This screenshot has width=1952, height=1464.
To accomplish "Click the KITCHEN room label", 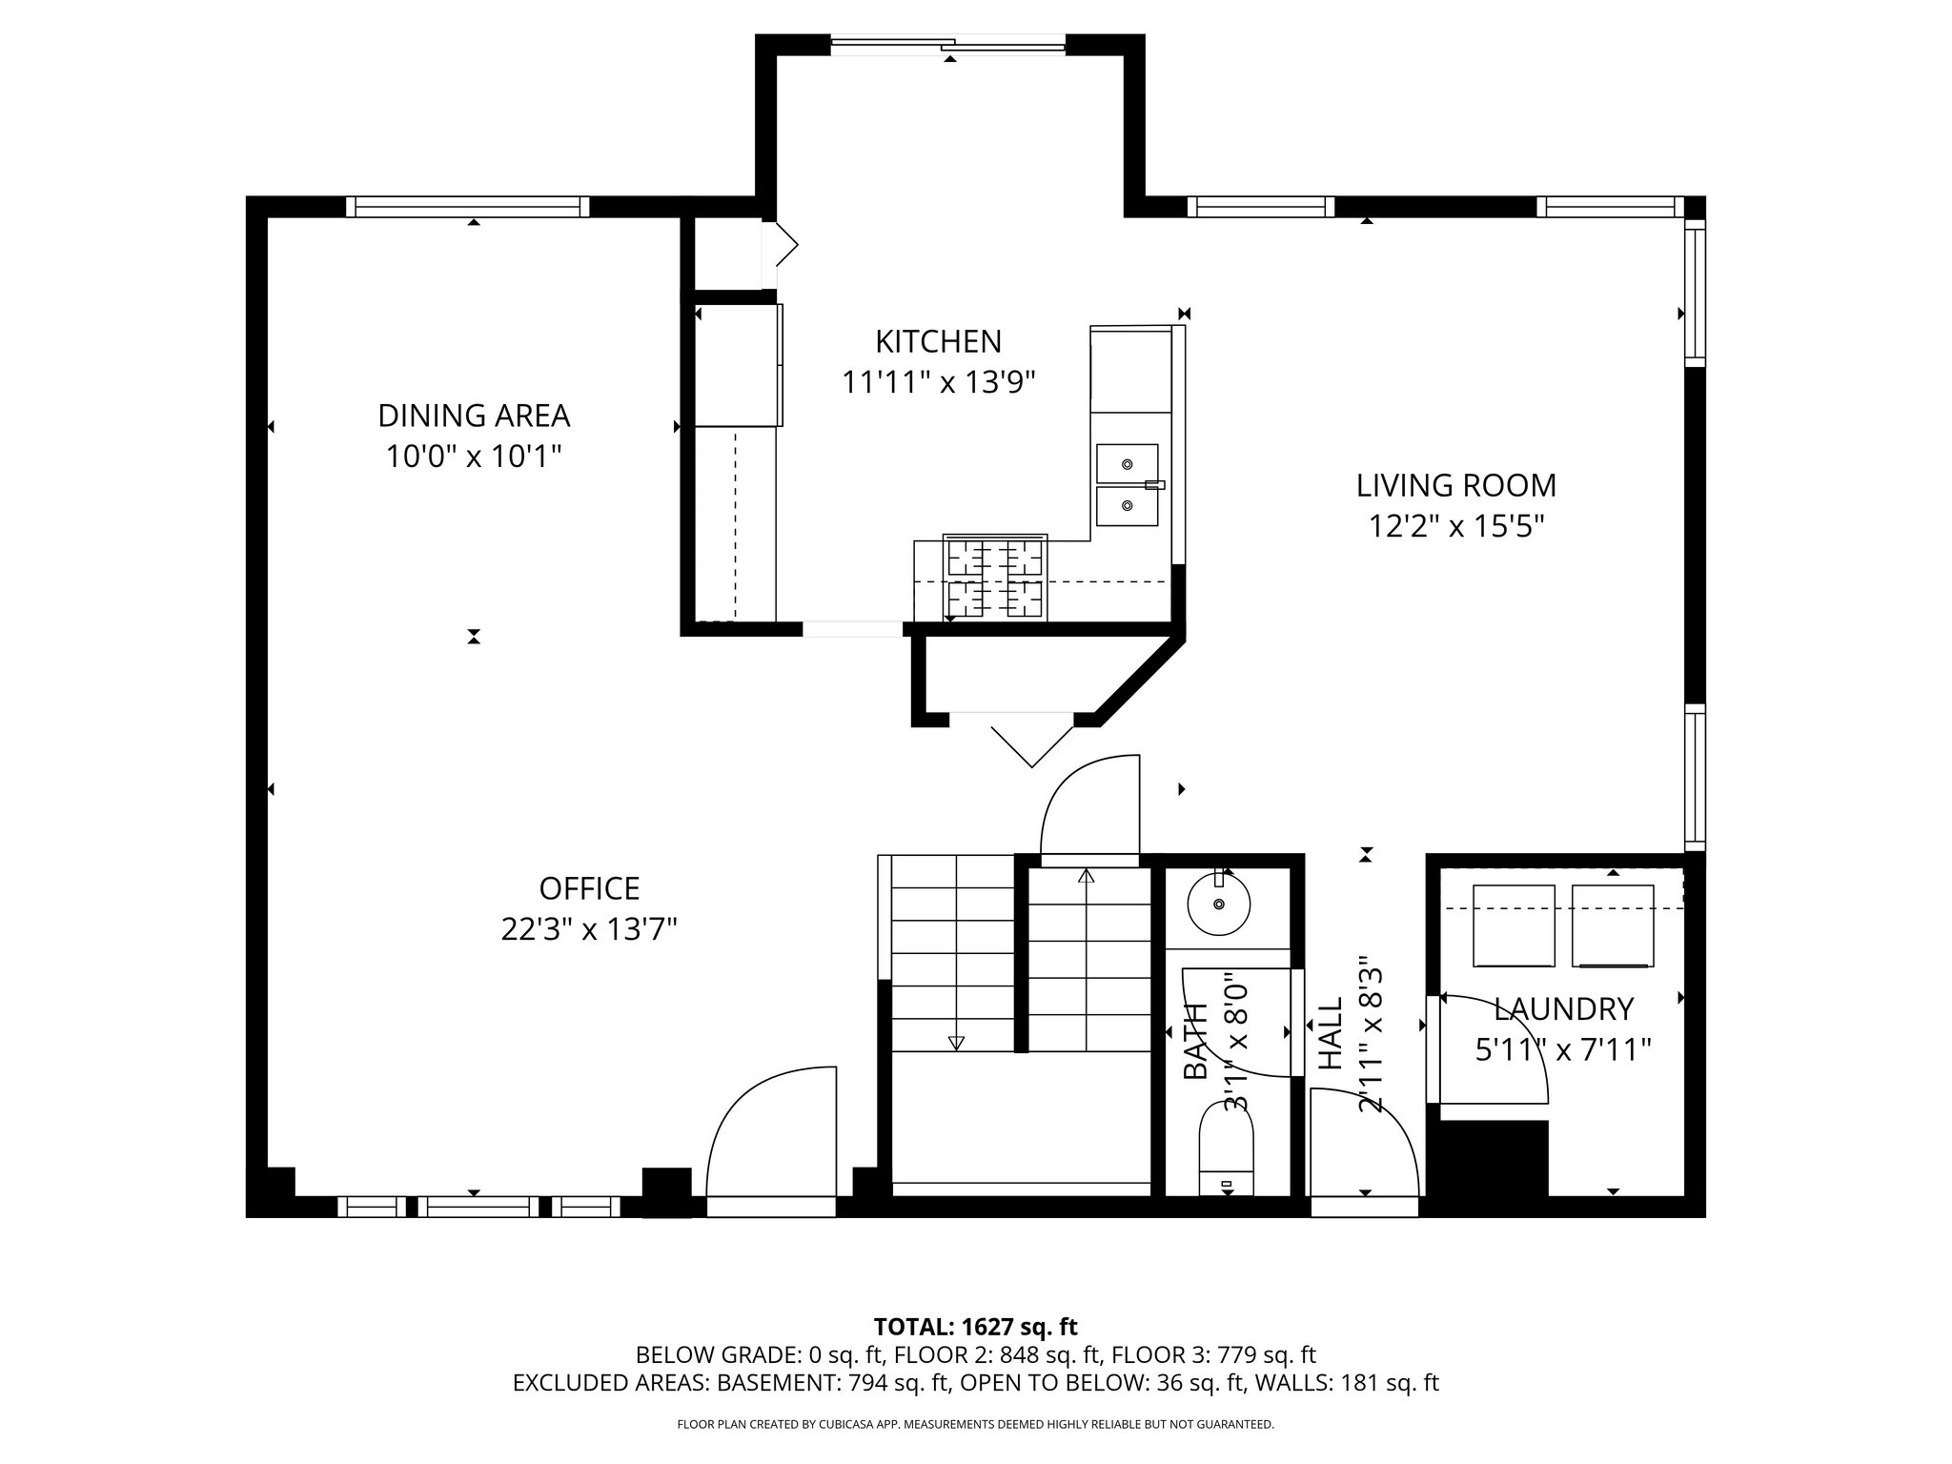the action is [939, 341].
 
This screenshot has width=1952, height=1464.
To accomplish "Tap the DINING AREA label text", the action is [474, 416].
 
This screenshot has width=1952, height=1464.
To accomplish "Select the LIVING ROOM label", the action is [1456, 485].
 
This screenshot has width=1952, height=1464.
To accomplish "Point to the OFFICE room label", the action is [589, 888].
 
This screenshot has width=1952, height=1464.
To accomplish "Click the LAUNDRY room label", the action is [1563, 1008].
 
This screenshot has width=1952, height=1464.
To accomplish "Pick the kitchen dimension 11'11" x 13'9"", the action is [939, 382].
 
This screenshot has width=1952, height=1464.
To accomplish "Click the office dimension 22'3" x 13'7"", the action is [589, 929].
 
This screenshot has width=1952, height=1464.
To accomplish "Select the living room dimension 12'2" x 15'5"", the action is [1456, 526].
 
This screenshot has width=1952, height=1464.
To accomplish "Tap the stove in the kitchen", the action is [995, 578].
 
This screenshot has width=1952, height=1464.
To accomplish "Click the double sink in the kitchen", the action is [1128, 485].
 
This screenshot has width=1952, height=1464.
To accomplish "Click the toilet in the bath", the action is [1226, 1149].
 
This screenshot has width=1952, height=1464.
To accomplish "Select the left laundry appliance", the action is [1514, 925].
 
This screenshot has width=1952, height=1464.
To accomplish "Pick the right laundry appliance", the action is [1613, 925].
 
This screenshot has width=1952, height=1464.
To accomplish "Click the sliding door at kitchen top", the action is [948, 43].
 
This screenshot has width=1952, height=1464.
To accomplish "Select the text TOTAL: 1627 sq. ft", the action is [975, 1327].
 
